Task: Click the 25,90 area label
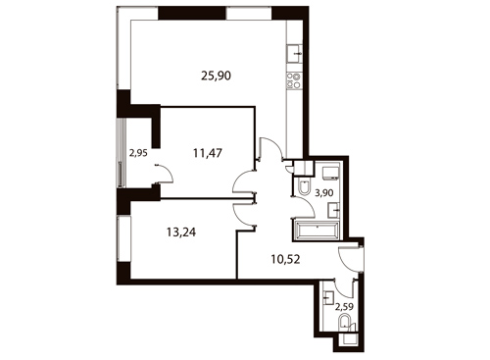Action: [x=216, y=76]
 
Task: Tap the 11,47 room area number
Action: [x=208, y=153]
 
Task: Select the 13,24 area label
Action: [x=181, y=232]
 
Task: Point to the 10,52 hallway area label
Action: [x=285, y=259]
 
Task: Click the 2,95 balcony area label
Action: [x=138, y=153]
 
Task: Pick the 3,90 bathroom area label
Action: [x=324, y=193]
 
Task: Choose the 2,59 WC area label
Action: [x=345, y=307]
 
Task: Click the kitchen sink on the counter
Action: [x=295, y=54]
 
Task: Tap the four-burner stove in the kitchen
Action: [x=294, y=80]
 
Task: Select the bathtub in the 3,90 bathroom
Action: [x=317, y=231]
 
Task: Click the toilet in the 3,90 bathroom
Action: [x=305, y=186]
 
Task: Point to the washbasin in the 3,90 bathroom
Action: [x=334, y=210]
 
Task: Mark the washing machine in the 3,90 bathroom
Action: [x=331, y=173]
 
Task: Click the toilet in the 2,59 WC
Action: [x=345, y=323]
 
